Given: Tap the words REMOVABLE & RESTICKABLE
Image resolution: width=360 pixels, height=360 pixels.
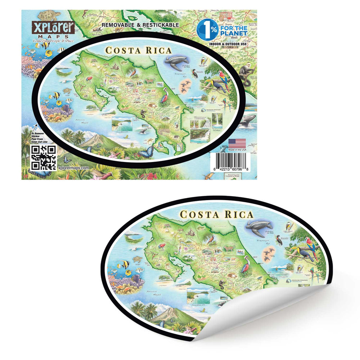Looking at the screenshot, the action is [140, 25].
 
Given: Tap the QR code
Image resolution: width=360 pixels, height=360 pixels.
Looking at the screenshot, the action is [44, 158].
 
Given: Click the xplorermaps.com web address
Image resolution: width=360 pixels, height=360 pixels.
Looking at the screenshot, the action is [73, 168].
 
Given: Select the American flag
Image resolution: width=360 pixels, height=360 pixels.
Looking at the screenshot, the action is [237, 143].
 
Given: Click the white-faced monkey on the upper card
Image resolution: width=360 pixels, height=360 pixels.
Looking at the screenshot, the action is [248, 69].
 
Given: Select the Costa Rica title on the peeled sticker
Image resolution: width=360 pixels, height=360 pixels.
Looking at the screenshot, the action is [216, 215].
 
